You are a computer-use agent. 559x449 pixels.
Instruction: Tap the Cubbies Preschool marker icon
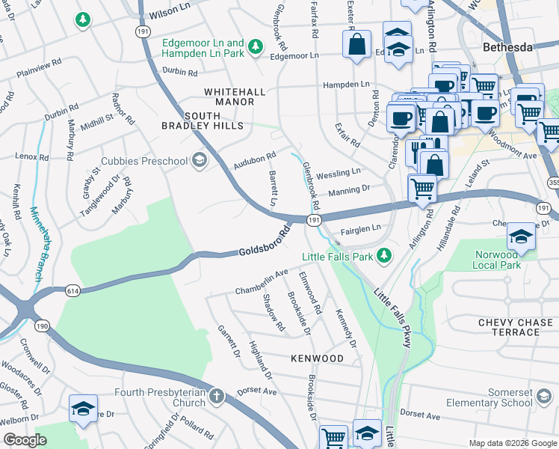tap(199, 160)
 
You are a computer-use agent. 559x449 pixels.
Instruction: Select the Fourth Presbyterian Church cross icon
tap(216, 396)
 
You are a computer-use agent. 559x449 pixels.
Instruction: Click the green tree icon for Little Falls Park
tap(384, 257)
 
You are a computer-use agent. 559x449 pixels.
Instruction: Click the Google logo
tap(25, 439)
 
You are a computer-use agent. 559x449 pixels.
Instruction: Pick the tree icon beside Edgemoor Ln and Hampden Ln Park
tap(256, 48)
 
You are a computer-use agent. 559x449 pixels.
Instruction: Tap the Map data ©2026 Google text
tap(512, 443)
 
